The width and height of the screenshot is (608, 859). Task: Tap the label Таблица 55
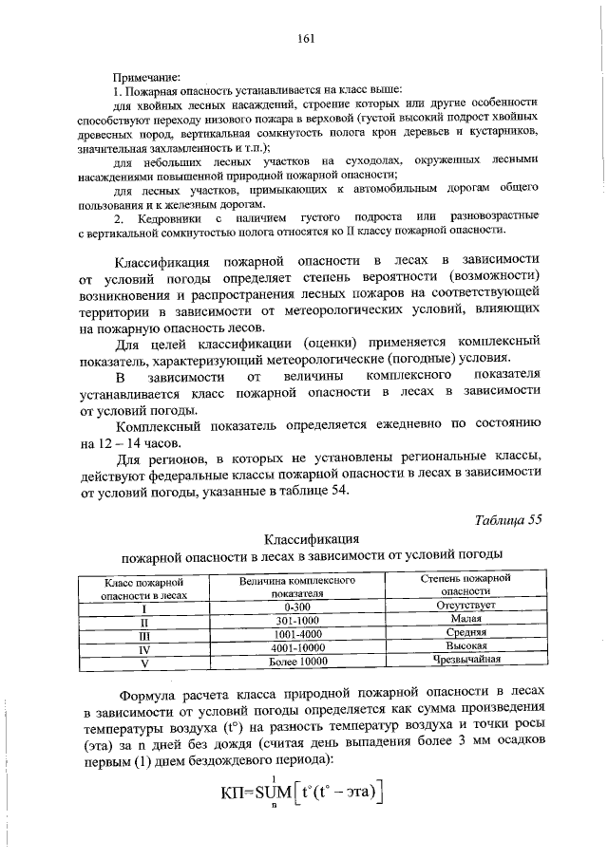510,518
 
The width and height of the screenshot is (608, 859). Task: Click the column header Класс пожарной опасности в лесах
145,586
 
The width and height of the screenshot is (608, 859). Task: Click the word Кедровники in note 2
167,219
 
